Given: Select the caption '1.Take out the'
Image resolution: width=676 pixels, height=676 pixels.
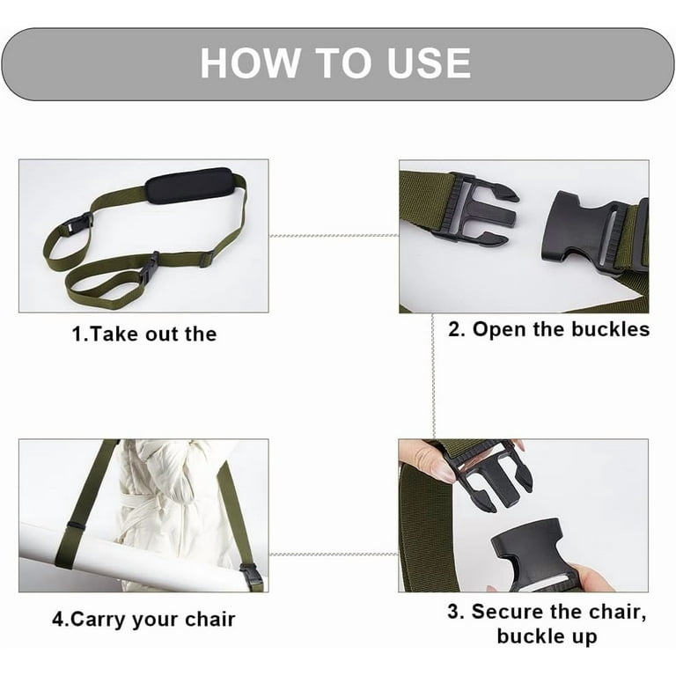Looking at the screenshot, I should point(143,334).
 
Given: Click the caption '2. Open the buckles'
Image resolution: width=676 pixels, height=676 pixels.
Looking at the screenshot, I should point(548,329).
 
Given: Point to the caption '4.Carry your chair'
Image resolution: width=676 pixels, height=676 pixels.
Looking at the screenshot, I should point(143,619).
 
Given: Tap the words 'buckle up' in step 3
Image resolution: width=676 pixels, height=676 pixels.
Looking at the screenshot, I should point(547,636).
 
